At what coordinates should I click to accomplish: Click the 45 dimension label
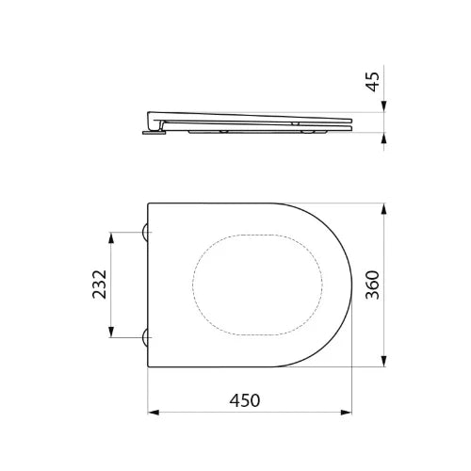(x=373, y=82)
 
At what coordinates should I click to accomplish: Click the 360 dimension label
(x=373, y=284)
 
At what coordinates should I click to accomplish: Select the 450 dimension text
(x=245, y=400)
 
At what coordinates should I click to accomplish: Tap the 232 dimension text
(x=100, y=284)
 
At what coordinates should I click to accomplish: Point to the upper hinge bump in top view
(x=145, y=233)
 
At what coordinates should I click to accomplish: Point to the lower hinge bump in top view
(x=145, y=337)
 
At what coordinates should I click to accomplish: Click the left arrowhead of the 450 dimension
(x=154, y=413)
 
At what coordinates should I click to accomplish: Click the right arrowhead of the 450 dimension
(x=347, y=413)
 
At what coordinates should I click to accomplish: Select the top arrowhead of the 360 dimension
(x=383, y=209)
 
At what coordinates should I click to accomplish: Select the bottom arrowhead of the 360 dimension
(x=383, y=361)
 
